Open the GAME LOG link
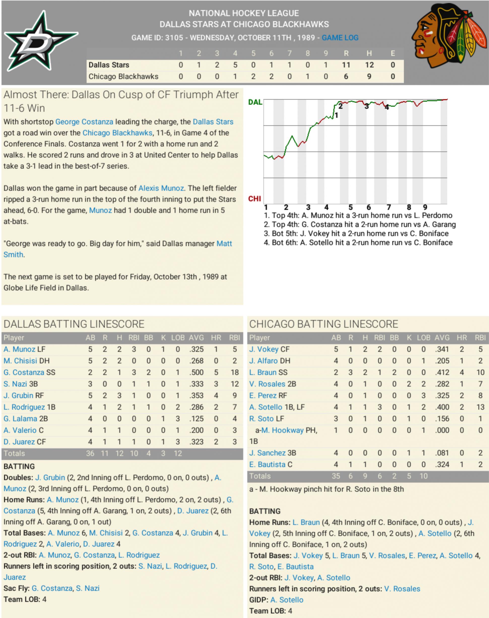(340, 38)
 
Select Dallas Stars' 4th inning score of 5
(235, 65)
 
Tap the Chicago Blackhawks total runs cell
(346, 76)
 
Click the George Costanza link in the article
(84, 122)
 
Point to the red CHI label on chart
(254, 199)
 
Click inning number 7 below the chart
(388, 207)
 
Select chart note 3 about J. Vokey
(356, 233)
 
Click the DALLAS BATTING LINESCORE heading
(74, 324)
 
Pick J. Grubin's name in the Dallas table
(18, 395)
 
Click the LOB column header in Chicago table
(423, 338)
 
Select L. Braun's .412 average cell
(442, 372)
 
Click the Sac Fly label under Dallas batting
(16, 588)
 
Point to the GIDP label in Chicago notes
(258, 600)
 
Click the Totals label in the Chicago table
(260, 476)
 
